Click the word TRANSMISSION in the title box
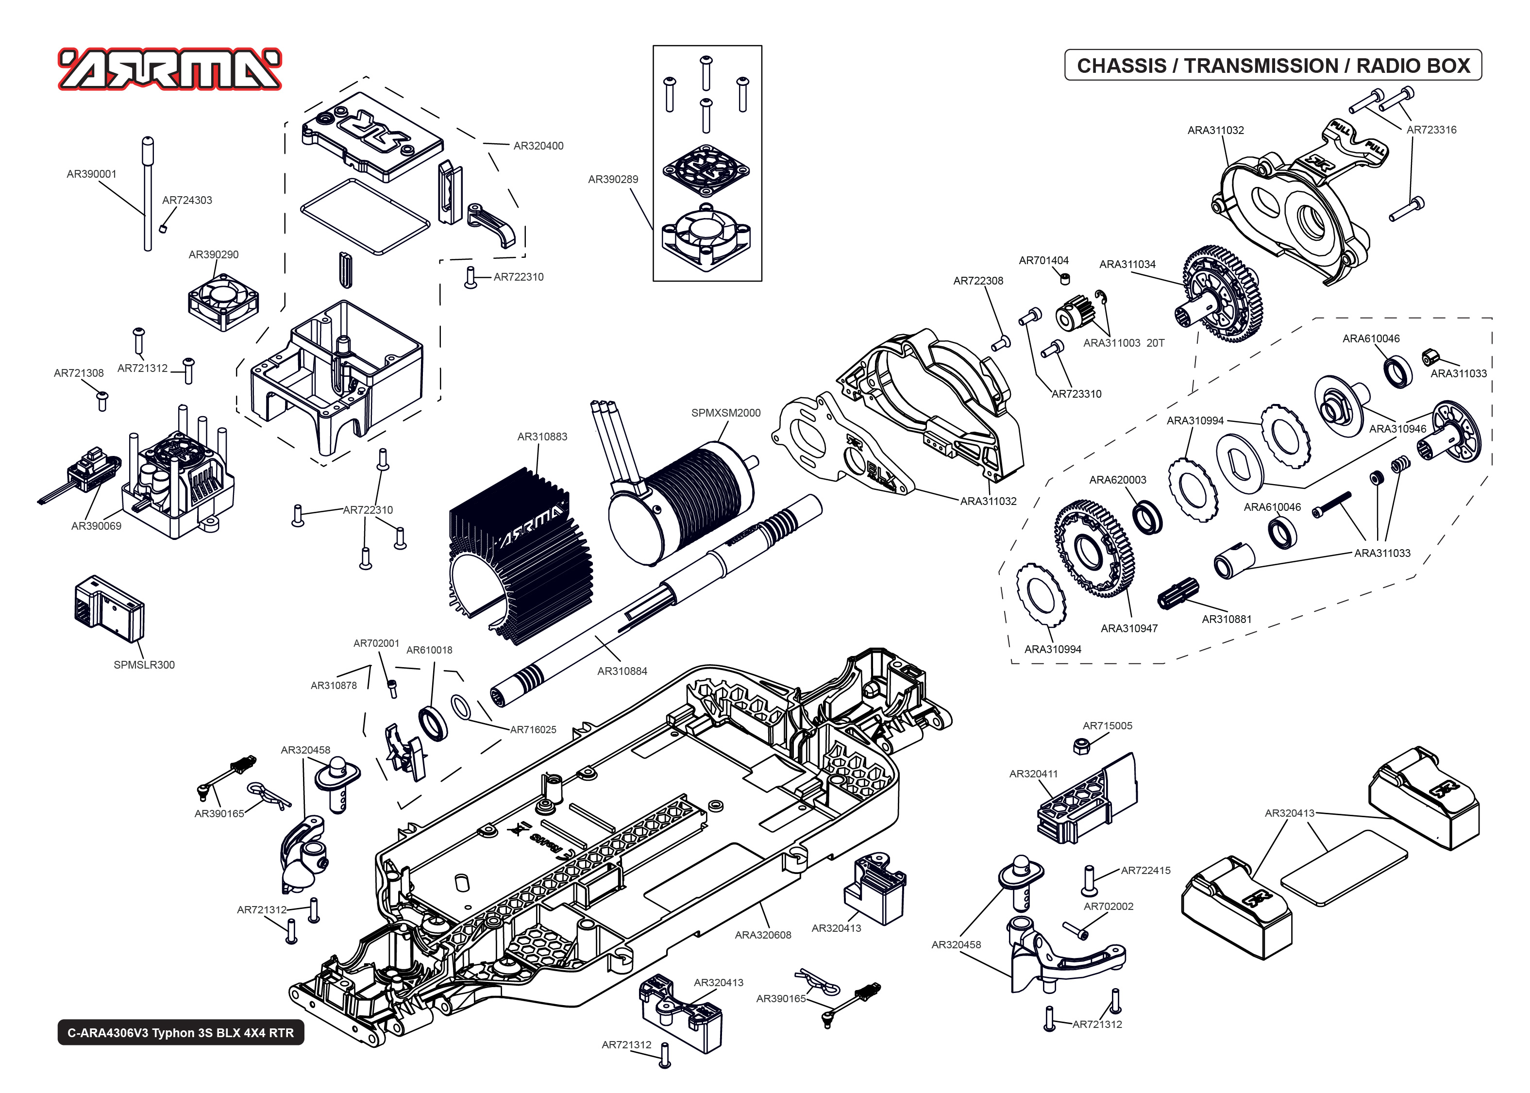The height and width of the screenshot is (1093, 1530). tap(1261, 66)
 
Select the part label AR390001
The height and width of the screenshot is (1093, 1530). tap(91, 174)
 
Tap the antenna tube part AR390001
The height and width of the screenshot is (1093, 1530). tap(148, 195)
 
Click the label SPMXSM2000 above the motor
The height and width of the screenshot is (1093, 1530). tap(725, 413)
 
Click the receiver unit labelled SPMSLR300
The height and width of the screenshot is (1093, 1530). tap(109, 609)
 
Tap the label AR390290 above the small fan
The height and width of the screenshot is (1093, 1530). tap(213, 254)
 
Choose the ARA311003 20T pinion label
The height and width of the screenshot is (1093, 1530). tap(1123, 343)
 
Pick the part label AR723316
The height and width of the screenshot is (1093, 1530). tap(1431, 130)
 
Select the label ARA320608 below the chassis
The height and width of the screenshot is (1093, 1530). tap(762, 935)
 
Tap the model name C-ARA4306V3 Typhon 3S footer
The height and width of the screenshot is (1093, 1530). tap(180, 1032)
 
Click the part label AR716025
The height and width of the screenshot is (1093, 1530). tap(533, 730)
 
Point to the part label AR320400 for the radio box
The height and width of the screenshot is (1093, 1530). tap(538, 145)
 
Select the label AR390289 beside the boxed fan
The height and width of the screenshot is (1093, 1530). tap(612, 179)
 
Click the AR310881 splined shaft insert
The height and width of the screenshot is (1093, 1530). tap(1177, 594)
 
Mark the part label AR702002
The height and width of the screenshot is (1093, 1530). tap(1108, 907)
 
